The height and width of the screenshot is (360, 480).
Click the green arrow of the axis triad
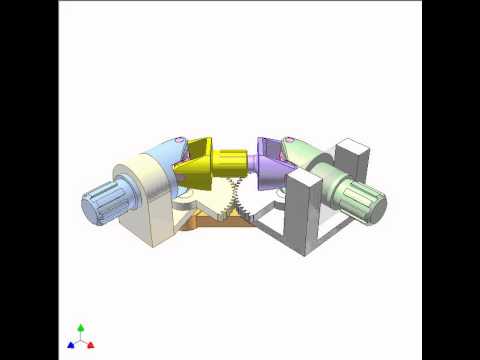pyautogui.click(x=81, y=328)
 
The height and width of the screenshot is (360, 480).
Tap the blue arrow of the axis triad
pyautogui.click(x=71, y=344)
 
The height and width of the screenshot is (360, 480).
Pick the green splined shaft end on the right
pyautogui.click(x=366, y=201)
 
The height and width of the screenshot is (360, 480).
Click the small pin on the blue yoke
pyautogui.click(x=179, y=139)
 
